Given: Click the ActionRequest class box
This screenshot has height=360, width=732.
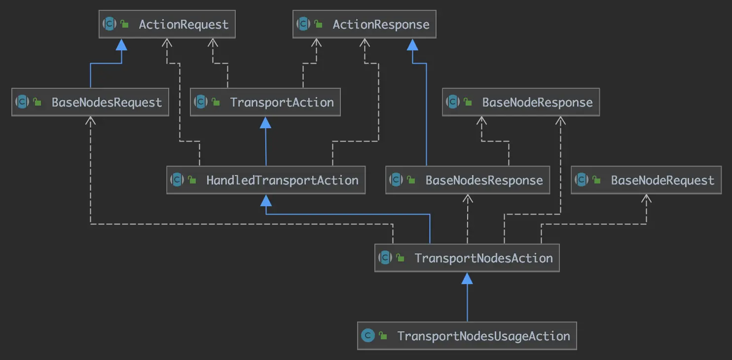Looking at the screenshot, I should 167,24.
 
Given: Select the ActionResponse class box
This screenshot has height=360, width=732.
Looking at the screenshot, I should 365,24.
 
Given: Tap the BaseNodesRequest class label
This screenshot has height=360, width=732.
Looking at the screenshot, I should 107,103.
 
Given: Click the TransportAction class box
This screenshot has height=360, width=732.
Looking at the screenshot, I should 265,102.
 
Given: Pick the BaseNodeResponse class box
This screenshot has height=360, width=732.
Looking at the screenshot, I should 521,102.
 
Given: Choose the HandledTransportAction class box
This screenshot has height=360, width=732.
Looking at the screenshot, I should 266,180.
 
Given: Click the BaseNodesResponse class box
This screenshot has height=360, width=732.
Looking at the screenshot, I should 468,180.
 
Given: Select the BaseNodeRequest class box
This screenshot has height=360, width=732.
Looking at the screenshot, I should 646,180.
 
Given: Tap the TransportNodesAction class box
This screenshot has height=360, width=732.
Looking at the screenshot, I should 467,258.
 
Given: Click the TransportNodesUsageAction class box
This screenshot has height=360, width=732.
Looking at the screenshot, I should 467,336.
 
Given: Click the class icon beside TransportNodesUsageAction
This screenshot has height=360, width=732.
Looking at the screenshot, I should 367,336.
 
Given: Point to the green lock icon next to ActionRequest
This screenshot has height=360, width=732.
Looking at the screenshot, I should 125,24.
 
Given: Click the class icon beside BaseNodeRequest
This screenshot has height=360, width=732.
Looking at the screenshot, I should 582,180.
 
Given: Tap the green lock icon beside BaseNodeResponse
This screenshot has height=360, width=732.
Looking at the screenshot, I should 468,102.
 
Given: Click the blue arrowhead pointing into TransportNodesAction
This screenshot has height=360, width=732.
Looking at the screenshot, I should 467,278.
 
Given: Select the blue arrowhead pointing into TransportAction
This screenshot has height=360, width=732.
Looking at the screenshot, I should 265,122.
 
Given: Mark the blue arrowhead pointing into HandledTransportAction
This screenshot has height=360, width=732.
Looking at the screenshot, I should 266,200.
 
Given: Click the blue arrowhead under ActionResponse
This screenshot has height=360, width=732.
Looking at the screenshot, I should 412,44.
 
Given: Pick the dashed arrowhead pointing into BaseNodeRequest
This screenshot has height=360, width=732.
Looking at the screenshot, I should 646,198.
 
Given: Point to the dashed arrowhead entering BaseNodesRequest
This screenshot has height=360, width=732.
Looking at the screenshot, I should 91,121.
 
